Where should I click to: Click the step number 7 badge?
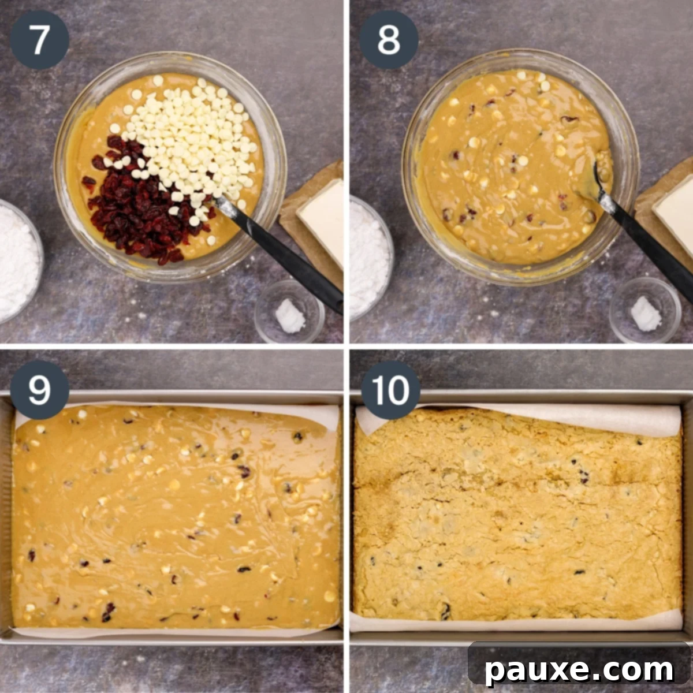coord(39,40)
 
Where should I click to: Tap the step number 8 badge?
coord(389,40)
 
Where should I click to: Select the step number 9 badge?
coord(39,390)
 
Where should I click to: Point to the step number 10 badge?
coord(390,390)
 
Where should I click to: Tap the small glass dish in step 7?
coord(289,312)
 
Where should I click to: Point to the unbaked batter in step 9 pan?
coord(173,520)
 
